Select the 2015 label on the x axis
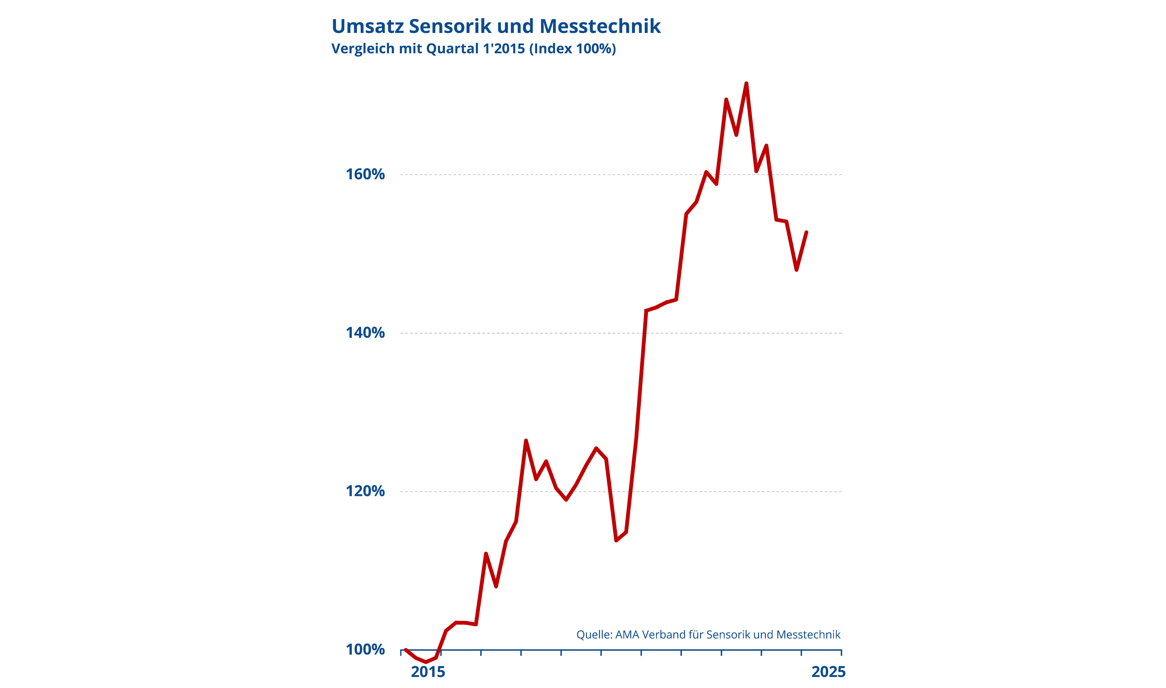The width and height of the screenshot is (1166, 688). click(x=428, y=672)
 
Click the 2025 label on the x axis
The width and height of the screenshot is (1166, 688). click(x=828, y=672)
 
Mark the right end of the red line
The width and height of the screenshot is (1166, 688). click(x=807, y=232)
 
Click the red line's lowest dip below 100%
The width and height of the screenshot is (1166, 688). click(x=426, y=662)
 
